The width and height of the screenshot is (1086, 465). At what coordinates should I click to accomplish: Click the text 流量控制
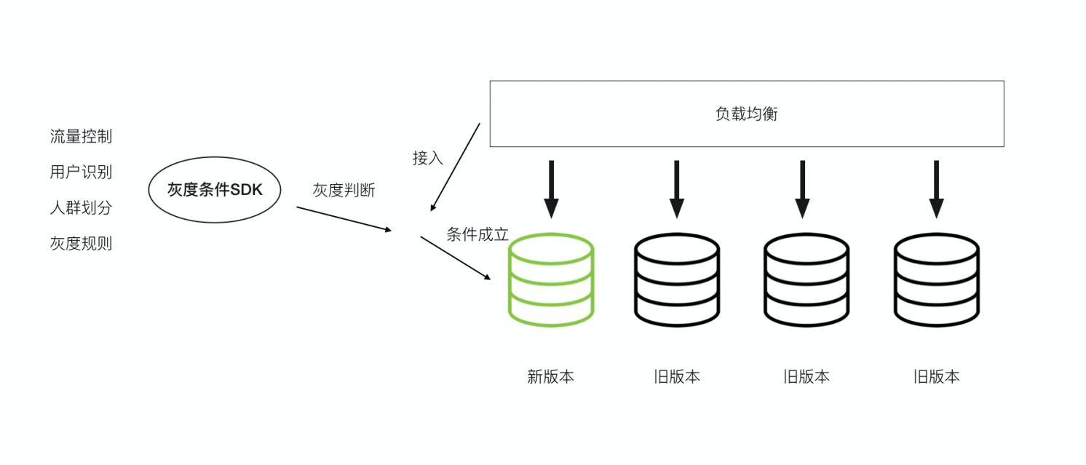(81, 136)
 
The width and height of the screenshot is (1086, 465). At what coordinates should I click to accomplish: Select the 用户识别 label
(81, 172)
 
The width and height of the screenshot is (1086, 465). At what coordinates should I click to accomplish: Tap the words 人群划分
(81, 207)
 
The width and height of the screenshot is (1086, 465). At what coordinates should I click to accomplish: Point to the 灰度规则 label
(81, 243)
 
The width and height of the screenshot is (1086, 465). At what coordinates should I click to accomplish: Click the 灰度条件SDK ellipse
(215, 190)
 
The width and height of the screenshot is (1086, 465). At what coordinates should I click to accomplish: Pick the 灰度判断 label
(344, 191)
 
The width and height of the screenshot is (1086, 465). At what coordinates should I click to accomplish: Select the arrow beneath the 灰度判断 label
(344, 219)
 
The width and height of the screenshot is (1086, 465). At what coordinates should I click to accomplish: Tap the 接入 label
(427, 158)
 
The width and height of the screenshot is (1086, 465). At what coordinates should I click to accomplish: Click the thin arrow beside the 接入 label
(456, 167)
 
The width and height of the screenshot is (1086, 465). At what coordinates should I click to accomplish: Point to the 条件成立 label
(477, 234)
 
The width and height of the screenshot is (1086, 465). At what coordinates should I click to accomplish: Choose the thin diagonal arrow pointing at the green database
(456, 258)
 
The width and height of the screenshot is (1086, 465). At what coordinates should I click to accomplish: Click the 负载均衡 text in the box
(747, 114)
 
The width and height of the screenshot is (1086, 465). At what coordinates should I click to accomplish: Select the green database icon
(551, 279)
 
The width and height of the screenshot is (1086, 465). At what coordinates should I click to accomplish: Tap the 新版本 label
(550, 377)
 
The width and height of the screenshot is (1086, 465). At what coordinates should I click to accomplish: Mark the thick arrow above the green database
(551, 188)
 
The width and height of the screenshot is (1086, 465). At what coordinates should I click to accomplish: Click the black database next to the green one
(677, 279)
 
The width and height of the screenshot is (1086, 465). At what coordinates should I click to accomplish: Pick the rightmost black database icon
(937, 279)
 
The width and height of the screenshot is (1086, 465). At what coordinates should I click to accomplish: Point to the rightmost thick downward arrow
(937, 188)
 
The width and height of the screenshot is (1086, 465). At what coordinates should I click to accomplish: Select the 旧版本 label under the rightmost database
(936, 377)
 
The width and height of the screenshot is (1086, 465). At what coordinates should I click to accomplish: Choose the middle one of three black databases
(806, 279)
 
